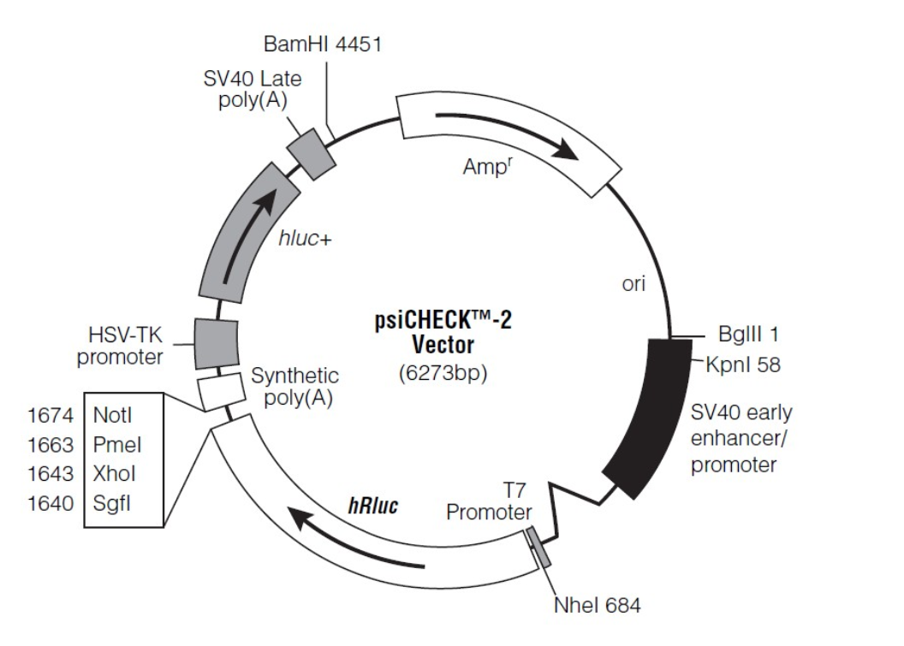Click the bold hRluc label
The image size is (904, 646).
tap(374, 504)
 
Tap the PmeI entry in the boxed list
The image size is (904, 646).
tap(117, 445)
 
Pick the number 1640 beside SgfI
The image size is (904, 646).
tap(51, 503)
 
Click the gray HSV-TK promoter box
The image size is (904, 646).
tap(216, 341)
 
